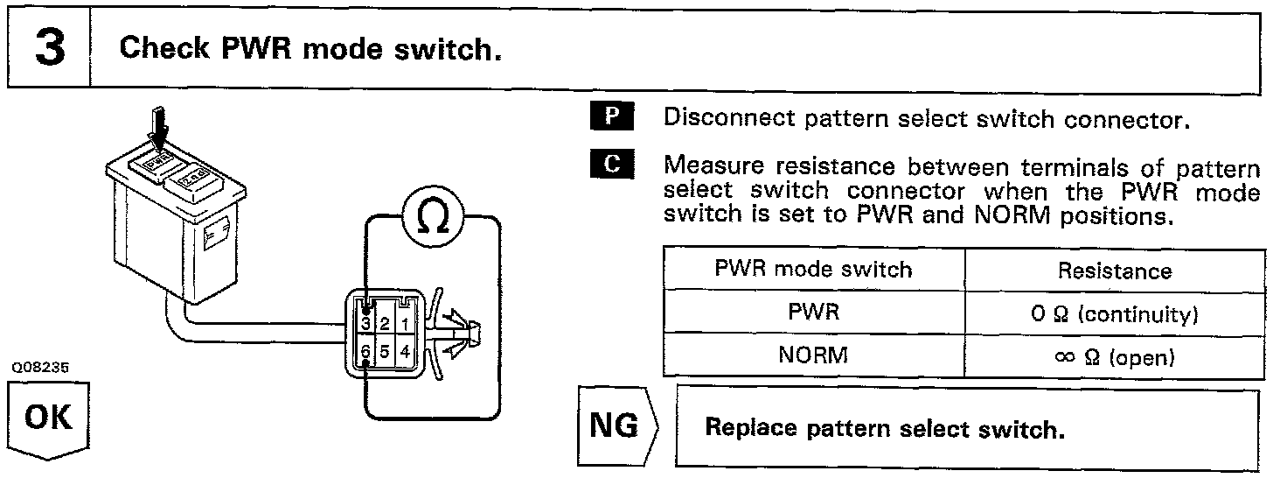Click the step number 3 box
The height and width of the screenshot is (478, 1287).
(x=50, y=49)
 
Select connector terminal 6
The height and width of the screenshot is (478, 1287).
(x=365, y=352)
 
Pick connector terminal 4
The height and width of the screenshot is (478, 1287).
(x=406, y=352)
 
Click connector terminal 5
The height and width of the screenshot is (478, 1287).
(x=385, y=352)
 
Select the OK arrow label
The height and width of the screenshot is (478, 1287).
(x=49, y=418)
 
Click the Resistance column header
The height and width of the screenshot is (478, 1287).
(x=1114, y=271)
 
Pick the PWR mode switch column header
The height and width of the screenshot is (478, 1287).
(x=813, y=269)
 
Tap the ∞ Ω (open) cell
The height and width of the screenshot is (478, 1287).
(x=1114, y=357)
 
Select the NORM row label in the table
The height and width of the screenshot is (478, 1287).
(x=813, y=356)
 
